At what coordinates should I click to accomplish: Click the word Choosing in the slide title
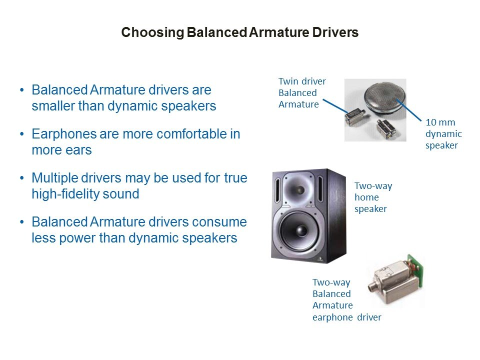(x=152, y=32)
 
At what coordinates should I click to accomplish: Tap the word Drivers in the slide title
(x=335, y=32)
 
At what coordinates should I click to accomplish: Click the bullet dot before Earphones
(x=21, y=134)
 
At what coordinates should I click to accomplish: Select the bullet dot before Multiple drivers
(x=21, y=178)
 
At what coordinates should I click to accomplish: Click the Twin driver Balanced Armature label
(x=302, y=93)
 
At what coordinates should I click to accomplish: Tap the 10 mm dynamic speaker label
(x=443, y=134)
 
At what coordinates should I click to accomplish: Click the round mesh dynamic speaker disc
(x=385, y=97)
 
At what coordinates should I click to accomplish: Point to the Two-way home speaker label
(x=373, y=197)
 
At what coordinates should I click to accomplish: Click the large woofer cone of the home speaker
(x=299, y=230)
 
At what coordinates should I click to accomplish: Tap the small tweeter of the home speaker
(x=297, y=189)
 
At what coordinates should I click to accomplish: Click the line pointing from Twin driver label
(x=335, y=106)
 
